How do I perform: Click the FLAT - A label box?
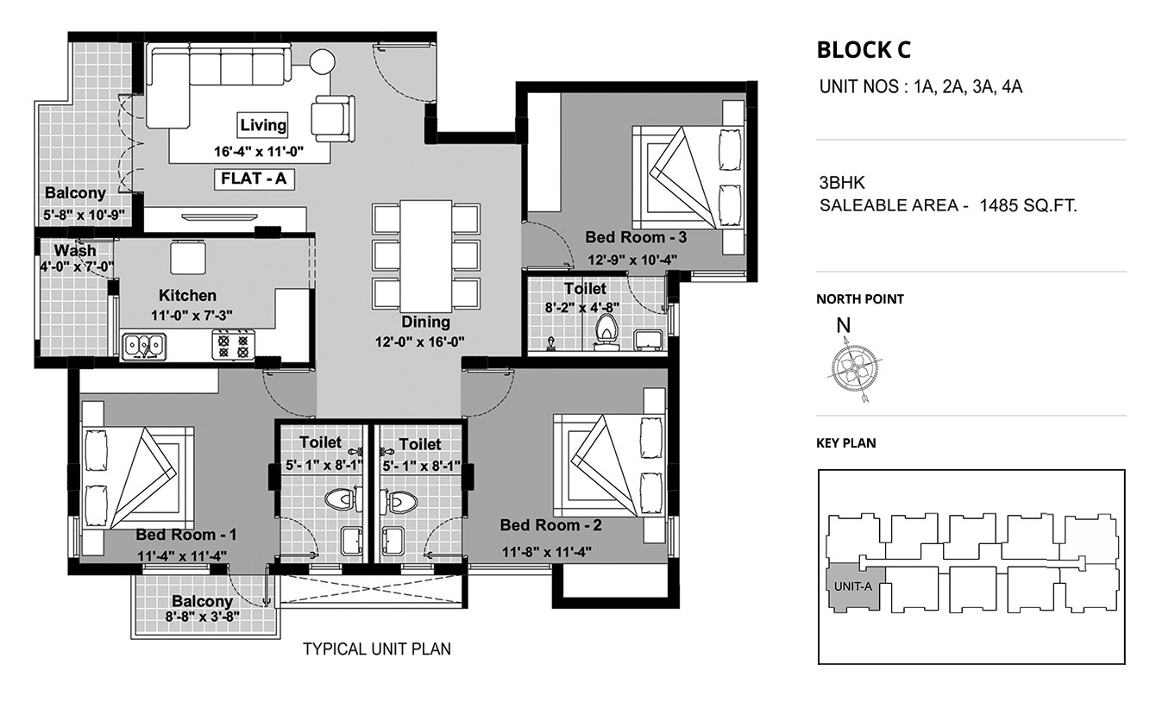(x=254, y=179)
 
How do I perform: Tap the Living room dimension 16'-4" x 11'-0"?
(x=259, y=152)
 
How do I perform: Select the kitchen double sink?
(x=144, y=347)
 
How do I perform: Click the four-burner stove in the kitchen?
(x=234, y=345)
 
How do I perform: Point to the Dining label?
(x=425, y=322)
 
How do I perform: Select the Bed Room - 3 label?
(x=636, y=237)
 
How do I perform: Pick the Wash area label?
(x=75, y=250)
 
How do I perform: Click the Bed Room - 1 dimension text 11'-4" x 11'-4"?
(x=182, y=555)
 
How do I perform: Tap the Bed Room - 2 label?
(x=550, y=525)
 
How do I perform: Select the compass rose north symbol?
(x=854, y=368)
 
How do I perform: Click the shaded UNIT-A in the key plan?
(x=856, y=588)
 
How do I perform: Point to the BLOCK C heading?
(x=864, y=50)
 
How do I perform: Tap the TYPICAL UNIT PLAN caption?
(x=377, y=649)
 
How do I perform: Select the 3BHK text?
(x=842, y=183)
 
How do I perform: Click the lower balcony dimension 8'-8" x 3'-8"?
(x=203, y=617)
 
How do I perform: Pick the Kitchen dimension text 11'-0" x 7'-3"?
(x=192, y=316)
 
